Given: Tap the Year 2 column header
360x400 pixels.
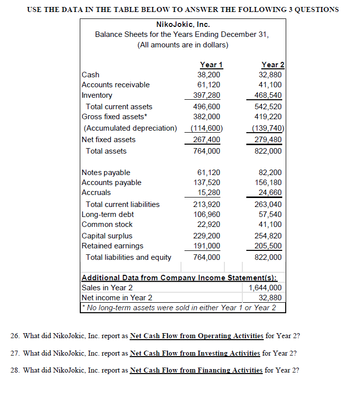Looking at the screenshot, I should (273, 65).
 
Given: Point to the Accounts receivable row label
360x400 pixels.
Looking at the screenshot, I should (116, 85).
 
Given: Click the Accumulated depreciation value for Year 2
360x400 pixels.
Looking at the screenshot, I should (269, 128).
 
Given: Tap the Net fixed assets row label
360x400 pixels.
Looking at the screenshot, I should (108, 140).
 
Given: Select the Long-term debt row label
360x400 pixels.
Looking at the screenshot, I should (108, 214).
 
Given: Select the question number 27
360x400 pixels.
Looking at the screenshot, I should (14, 353).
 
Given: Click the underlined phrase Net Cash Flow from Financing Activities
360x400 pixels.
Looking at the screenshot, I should (196, 370).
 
